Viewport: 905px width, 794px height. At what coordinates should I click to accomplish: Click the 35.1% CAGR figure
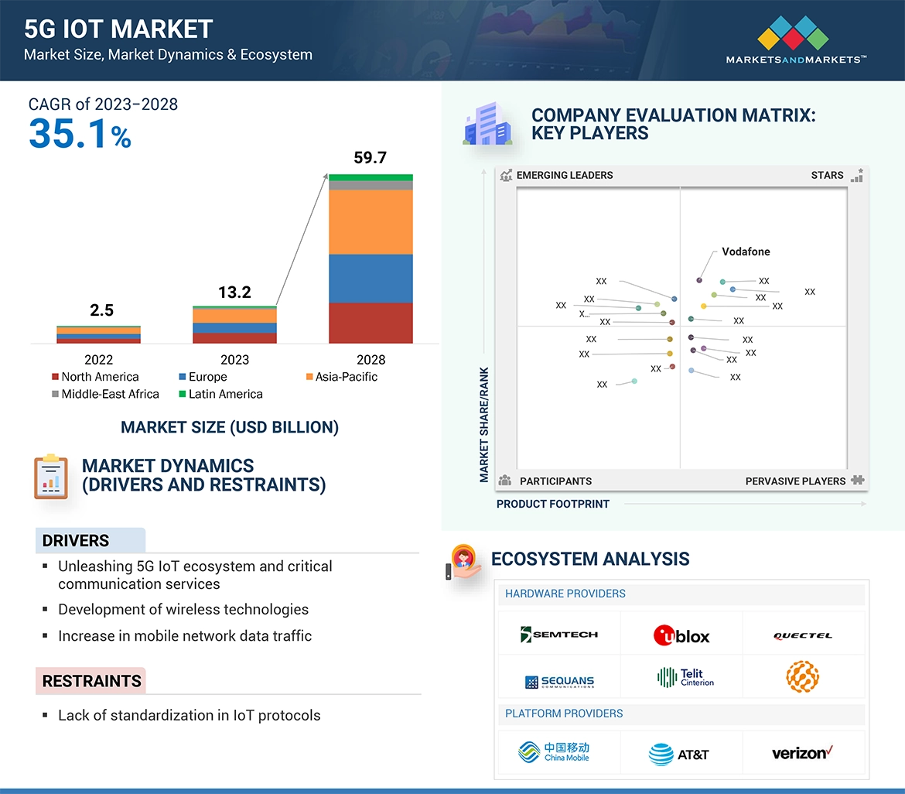[80, 134]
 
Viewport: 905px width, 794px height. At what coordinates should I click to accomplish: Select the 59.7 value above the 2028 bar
[370, 158]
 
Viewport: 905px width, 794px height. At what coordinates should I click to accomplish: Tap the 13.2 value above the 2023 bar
[234, 292]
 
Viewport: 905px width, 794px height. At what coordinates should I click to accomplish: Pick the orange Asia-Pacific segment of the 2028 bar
[371, 222]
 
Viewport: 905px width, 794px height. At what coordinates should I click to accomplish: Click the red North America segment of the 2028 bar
[371, 323]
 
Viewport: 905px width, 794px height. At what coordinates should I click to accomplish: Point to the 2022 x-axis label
[98, 360]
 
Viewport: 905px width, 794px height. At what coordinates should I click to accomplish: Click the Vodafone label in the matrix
[746, 252]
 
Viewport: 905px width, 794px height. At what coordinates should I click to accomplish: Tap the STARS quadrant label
[827, 175]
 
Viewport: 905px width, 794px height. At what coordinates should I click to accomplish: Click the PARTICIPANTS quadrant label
[555, 481]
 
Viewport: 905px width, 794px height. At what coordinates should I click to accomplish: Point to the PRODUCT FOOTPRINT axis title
[553, 504]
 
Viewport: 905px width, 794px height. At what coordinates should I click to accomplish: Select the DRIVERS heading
[76, 541]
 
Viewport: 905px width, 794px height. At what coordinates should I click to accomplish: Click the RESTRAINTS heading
[91, 681]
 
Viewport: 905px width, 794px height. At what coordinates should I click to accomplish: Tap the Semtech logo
[559, 635]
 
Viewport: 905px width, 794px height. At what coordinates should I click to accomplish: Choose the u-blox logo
[681, 635]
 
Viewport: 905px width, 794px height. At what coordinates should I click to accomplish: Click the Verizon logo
[802, 752]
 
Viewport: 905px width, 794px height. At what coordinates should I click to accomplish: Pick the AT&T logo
[679, 754]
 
